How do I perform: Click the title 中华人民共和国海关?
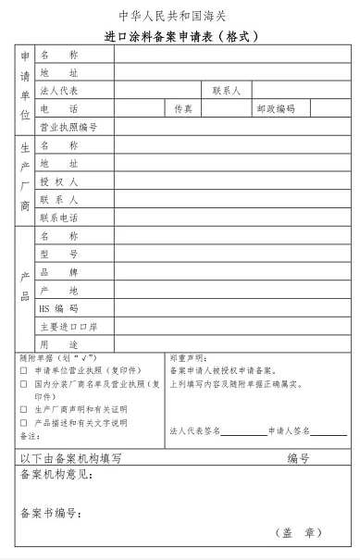(x=180, y=17)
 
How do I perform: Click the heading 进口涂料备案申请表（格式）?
(x=180, y=37)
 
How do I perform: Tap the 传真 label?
(x=183, y=109)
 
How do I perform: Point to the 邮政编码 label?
(x=275, y=109)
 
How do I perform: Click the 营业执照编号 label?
(x=68, y=127)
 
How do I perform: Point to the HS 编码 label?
(x=59, y=308)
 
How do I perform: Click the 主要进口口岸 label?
(x=68, y=327)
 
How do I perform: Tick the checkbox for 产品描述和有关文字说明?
(x=23, y=422)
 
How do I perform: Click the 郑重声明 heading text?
(x=189, y=357)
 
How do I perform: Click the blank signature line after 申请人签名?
(x=329, y=432)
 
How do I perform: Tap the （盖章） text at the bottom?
(x=298, y=533)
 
